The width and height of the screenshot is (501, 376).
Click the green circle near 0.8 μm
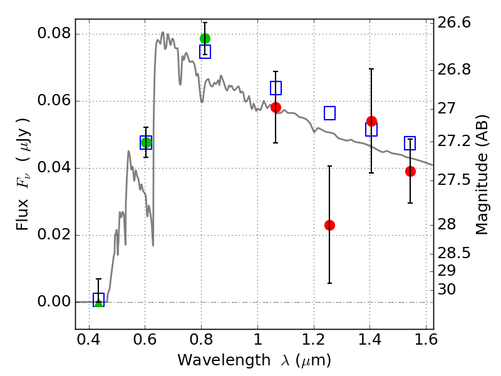205,39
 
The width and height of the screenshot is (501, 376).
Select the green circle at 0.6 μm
146,142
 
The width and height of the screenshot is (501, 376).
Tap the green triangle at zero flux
99,302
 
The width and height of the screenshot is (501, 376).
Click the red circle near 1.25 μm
330,226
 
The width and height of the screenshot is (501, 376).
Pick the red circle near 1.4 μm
371,122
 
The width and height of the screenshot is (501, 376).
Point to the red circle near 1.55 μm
410,171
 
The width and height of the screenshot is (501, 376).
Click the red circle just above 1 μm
276,107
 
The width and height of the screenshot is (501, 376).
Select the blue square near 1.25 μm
330,113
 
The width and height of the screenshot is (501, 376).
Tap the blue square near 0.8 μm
205,51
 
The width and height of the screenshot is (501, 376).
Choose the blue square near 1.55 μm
410,143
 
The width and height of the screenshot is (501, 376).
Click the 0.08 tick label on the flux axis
54,33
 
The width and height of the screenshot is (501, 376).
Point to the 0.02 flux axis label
54,234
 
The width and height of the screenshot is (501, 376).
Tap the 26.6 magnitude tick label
454,23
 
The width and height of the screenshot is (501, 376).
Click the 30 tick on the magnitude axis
447,290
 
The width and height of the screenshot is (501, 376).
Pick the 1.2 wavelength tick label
314,340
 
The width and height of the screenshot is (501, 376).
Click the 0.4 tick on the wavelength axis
89,340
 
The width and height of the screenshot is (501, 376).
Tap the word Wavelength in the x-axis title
224,360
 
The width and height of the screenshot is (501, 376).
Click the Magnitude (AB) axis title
482,174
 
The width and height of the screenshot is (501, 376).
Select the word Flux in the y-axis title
23,215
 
